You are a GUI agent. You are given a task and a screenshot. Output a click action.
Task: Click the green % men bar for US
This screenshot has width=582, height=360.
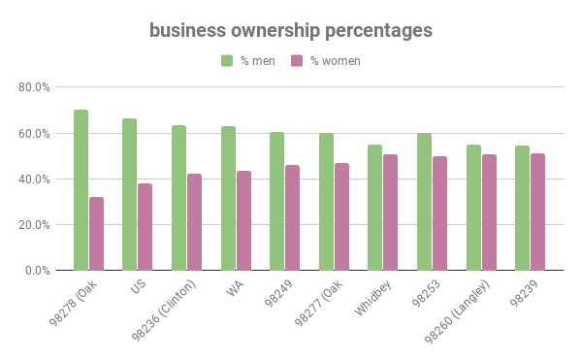[x=129, y=194]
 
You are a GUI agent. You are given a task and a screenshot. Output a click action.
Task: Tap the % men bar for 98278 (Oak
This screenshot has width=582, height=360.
[x=81, y=190]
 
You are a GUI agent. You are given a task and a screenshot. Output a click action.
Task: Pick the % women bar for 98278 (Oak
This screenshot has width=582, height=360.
[x=96, y=234]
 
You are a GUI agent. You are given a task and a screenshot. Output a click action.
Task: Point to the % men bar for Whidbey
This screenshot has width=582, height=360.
[x=374, y=208]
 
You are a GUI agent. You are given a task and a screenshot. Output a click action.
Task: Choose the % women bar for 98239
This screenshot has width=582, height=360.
[x=537, y=212]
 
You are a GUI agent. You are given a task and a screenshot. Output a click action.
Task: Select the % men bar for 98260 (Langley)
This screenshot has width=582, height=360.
[x=473, y=208]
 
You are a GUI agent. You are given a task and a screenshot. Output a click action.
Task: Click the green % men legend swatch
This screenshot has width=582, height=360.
[x=227, y=61]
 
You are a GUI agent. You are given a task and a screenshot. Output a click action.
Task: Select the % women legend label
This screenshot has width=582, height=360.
[x=335, y=61]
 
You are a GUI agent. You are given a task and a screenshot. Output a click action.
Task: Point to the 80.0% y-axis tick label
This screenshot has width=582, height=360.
[x=35, y=87]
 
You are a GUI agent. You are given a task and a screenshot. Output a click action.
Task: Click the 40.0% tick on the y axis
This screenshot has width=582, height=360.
[x=35, y=180]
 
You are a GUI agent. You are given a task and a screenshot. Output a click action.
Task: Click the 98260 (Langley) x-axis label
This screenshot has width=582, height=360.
[x=458, y=309]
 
